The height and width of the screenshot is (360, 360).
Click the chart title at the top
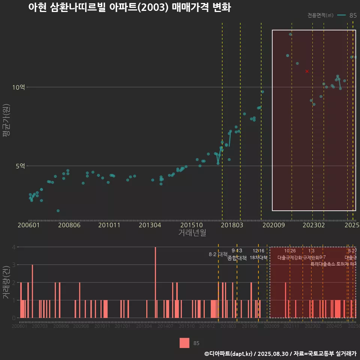click(x=129, y=8)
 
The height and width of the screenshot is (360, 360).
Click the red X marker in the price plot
click(x=307, y=71)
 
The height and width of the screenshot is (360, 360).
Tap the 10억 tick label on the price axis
click(x=19, y=87)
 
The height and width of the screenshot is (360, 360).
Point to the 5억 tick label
click(x=20, y=166)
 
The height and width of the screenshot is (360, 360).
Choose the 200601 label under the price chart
click(x=28, y=225)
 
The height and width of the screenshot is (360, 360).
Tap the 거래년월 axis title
click(x=192, y=233)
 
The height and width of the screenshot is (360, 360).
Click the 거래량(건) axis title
click(x=6, y=282)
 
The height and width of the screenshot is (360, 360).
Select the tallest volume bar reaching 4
click(x=155, y=282)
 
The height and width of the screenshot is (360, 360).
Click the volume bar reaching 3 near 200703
click(x=33, y=291)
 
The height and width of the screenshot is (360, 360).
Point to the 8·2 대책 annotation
click(x=218, y=254)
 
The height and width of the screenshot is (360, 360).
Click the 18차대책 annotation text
click(x=258, y=258)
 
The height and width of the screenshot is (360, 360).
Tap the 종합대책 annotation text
click(x=237, y=258)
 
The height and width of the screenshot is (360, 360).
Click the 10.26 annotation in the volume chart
click(x=290, y=251)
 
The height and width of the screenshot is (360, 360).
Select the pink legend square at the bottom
click(x=184, y=343)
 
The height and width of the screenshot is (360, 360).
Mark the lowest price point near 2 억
click(x=58, y=211)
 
